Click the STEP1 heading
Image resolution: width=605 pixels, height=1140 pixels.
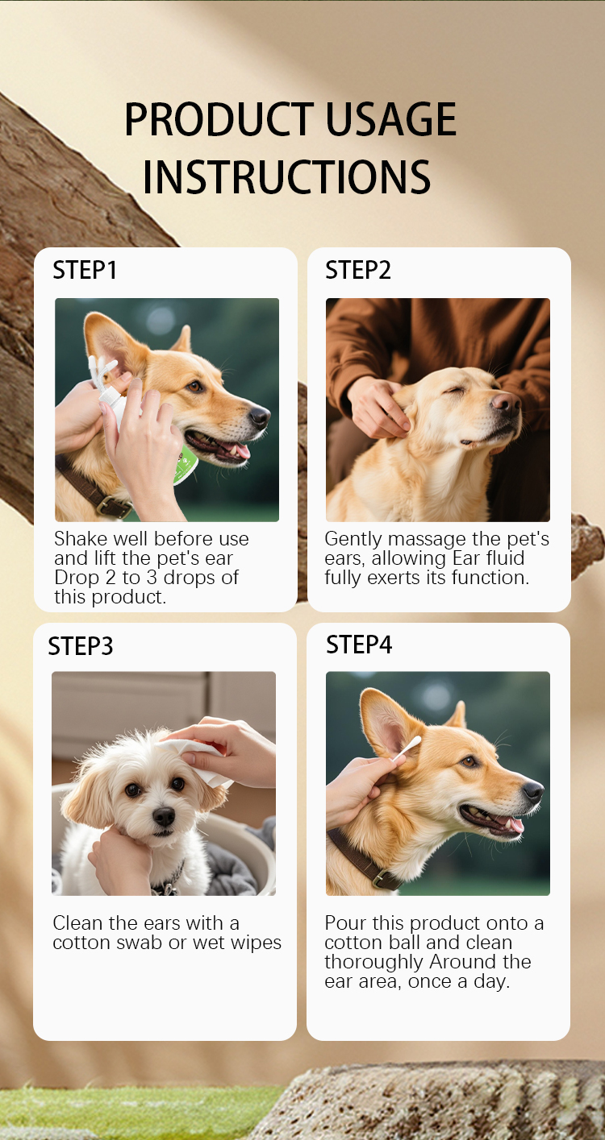coord(85,270)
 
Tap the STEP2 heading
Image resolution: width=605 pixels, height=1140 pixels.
coord(358,270)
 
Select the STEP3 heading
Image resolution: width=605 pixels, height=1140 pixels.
coord(81,646)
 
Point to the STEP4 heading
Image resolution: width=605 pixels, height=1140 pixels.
coord(359,645)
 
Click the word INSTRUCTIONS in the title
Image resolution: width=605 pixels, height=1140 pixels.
coord(286,176)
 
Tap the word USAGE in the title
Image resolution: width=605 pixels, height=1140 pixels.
coord(390,119)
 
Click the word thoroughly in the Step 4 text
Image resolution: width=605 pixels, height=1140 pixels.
coord(373,962)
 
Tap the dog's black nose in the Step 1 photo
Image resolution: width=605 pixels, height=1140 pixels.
coord(260,417)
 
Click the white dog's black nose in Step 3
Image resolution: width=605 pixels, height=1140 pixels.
coord(164,816)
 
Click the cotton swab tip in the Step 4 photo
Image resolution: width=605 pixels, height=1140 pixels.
coord(412,744)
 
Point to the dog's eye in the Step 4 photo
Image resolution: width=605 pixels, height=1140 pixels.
coord(469,761)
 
